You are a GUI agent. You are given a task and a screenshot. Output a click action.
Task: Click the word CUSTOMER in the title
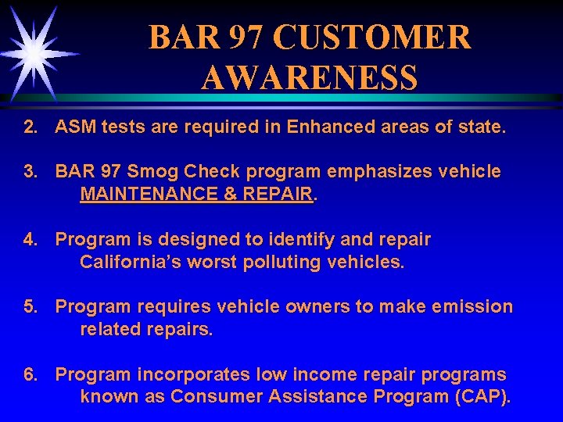pyautogui.click(x=373, y=37)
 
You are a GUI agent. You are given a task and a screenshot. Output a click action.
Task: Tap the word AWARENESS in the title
pyautogui.click(x=309, y=77)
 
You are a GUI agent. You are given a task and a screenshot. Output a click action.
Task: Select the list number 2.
pyautogui.click(x=30, y=127)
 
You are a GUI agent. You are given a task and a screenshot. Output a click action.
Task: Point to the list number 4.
pyautogui.click(x=30, y=239)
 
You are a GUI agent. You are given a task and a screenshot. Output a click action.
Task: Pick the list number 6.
pyautogui.click(x=30, y=375)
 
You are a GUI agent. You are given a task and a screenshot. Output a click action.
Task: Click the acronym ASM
pyautogui.click(x=75, y=127)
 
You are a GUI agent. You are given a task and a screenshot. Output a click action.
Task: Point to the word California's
pyautogui.click(x=124, y=262)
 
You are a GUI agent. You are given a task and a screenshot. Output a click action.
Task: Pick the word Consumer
pyautogui.click(x=217, y=397)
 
